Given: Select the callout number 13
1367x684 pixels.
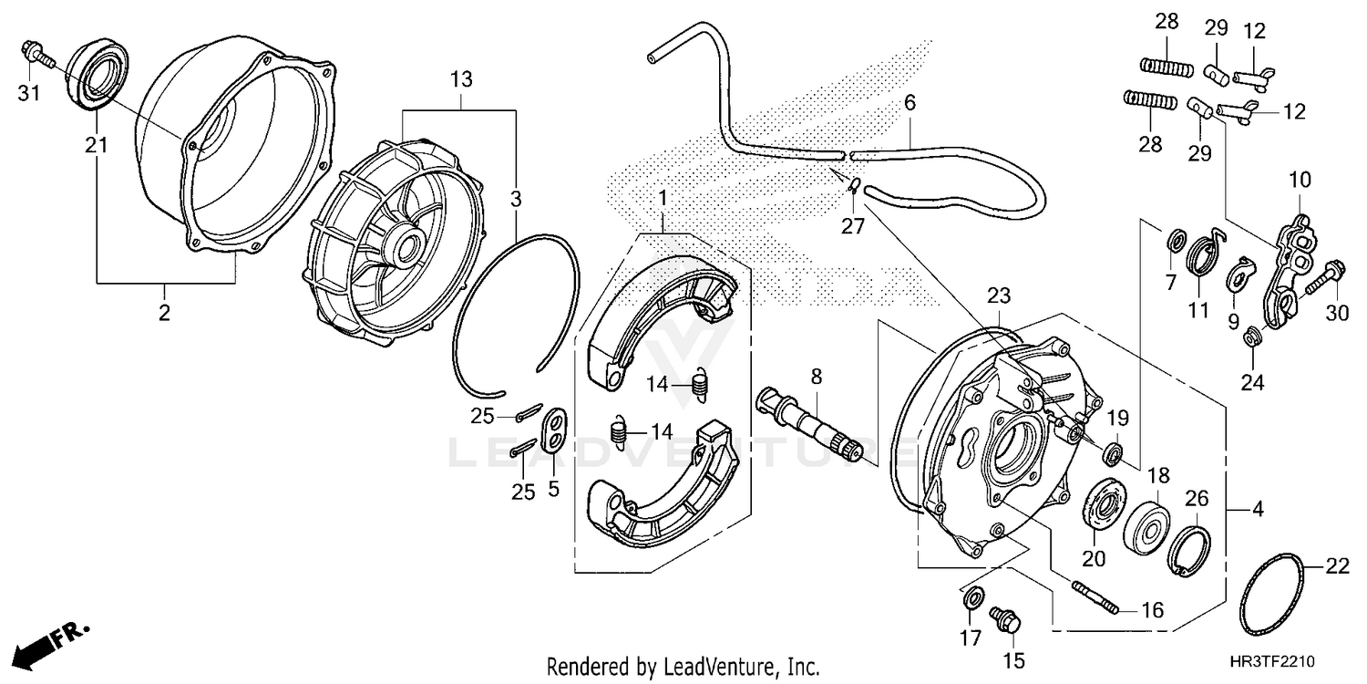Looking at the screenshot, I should pyautogui.click(x=461, y=80).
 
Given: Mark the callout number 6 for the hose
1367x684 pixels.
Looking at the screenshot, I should pyautogui.click(x=909, y=105).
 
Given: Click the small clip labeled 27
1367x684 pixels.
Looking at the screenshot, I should pyautogui.click(x=852, y=186).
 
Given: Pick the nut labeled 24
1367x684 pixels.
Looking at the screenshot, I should pyautogui.click(x=1253, y=339).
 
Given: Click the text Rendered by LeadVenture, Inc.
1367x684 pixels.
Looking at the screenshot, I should pyautogui.click(x=683, y=666).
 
